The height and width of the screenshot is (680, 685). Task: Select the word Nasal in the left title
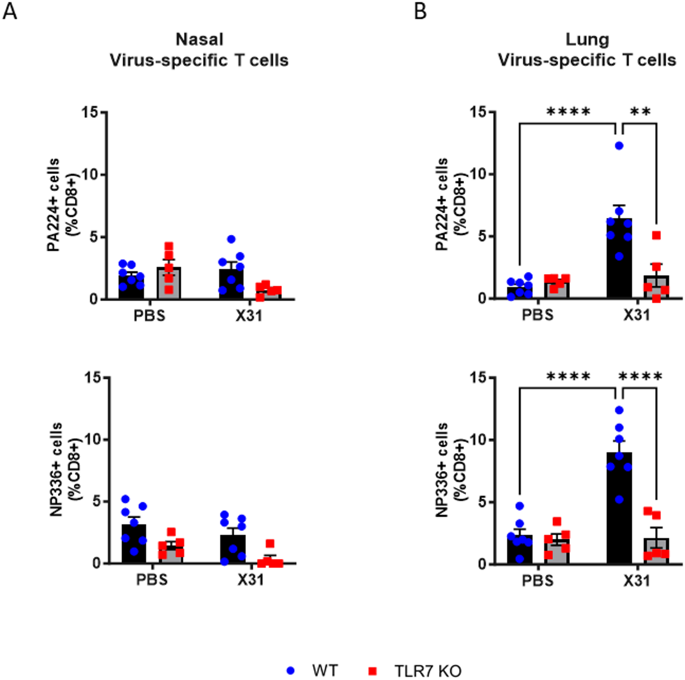coord(200,39)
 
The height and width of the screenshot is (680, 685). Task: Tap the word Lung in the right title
coord(587,39)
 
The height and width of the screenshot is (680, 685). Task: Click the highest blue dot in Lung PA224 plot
coord(619,146)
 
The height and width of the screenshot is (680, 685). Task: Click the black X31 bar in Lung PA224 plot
coord(619,262)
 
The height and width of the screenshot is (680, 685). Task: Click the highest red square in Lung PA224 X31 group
coord(656,235)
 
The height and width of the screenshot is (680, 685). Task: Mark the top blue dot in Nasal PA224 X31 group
coord(231,239)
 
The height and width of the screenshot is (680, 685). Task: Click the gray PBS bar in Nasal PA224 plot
coord(169,284)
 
